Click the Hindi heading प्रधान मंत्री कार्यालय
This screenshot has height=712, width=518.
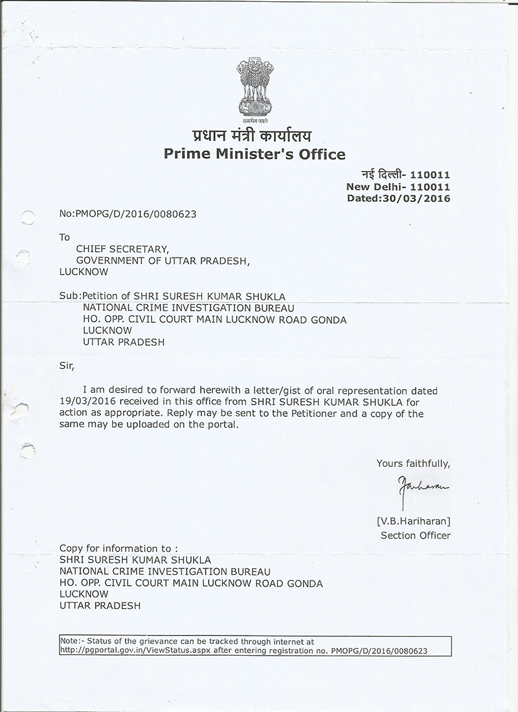point(252,136)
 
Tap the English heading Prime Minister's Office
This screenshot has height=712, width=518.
point(254,154)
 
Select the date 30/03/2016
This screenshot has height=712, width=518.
point(422,198)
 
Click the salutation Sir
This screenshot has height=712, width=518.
point(67,366)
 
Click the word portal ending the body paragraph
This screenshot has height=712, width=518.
point(223,425)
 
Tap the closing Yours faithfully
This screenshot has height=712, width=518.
point(413,463)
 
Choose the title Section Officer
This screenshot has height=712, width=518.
point(415,535)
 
